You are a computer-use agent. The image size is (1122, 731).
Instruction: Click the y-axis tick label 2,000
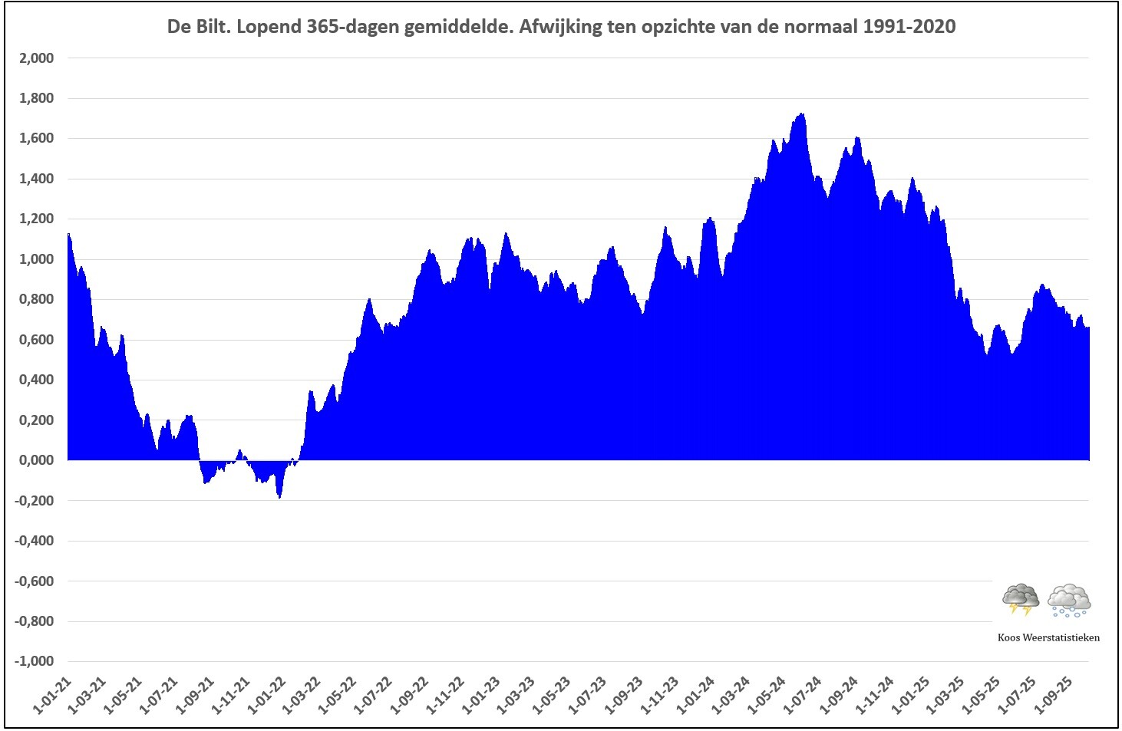(36, 58)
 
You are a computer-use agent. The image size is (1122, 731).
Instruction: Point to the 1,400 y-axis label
(36, 179)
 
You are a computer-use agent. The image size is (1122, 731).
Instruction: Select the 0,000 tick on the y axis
(36, 460)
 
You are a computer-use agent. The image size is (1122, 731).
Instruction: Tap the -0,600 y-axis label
(34, 581)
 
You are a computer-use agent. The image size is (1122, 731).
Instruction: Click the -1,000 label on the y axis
(34, 661)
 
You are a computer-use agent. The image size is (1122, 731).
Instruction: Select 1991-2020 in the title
(909, 27)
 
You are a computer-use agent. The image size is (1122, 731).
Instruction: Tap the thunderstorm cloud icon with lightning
(1021, 599)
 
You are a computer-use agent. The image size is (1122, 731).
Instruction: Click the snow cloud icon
(1069, 601)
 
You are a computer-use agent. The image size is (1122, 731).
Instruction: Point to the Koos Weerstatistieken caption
(1048, 637)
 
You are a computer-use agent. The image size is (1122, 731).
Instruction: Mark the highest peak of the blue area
(803, 114)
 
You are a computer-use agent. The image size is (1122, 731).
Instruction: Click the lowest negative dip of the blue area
(279, 498)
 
